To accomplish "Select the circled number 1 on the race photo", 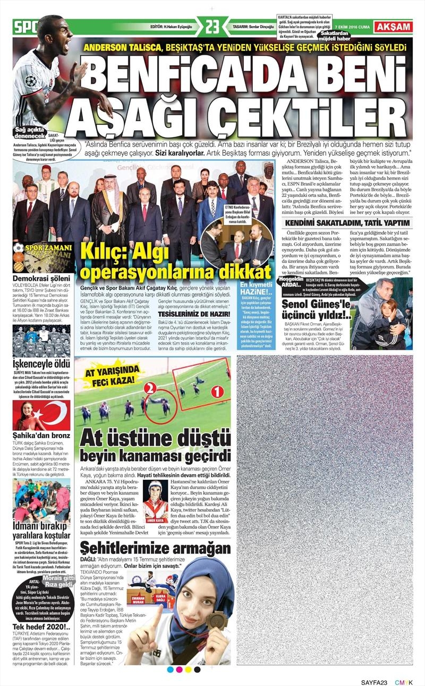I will [215, 392].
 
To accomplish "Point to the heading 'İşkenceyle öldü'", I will [41, 364].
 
